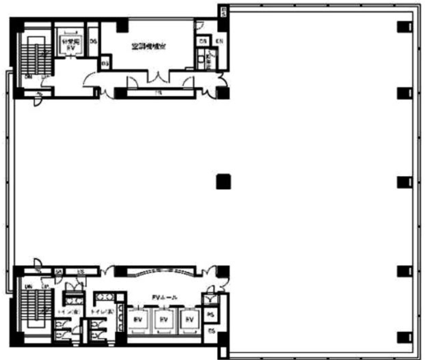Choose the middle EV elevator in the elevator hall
coord(163,320)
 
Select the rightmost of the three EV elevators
coord(188,320)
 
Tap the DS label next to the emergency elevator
coord(93,41)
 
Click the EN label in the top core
coord(220,41)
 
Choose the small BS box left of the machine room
coord(106,64)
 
